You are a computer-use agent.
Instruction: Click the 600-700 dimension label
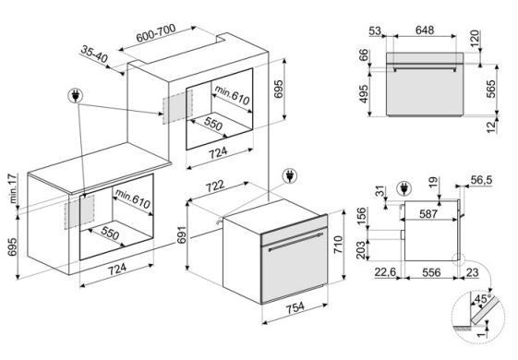click(156, 33)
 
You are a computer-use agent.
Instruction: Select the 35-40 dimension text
click(94, 54)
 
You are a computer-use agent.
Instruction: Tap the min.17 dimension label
click(13, 188)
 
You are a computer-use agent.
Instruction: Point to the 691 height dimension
click(182, 234)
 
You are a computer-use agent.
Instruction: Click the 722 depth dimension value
click(215, 186)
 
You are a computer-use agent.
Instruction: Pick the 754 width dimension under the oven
click(295, 307)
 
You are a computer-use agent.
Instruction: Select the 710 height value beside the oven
click(339, 245)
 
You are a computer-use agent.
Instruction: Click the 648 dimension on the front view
click(425, 30)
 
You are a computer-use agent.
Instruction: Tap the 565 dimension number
click(491, 89)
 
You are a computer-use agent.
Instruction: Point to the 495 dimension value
click(363, 94)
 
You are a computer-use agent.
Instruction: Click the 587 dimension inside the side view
click(428, 213)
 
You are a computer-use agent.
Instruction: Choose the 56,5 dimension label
click(481, 180)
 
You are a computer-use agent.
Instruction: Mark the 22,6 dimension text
click(385, 272)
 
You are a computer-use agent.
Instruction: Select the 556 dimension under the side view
click(431, 272)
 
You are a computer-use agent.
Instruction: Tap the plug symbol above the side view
click(404, 189)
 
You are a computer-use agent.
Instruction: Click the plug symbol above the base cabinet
click(76, 95)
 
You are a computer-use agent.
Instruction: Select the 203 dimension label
click(361, 250)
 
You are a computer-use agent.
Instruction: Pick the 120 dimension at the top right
click(475, 39)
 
